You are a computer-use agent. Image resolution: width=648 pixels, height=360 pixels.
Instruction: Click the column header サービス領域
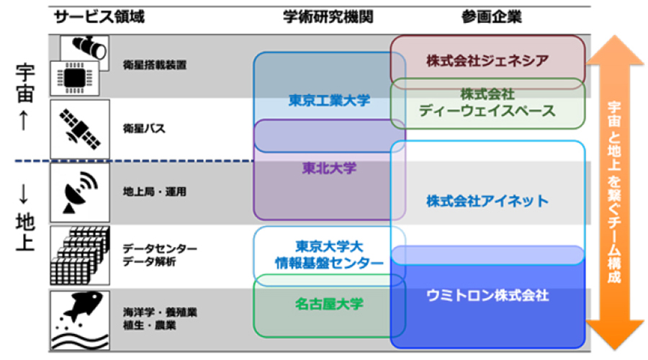tap(99, 17)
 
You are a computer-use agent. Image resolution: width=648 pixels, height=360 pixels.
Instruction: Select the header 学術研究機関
tap(328, 17)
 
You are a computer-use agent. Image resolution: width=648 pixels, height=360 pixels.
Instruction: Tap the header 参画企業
tap(491, 17)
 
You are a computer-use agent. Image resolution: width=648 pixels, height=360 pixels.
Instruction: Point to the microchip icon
tap(74, 78)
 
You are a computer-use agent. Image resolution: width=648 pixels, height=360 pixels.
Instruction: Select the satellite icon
tap(80, 129)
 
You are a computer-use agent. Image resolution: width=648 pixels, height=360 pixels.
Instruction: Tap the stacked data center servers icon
tap(80, 256)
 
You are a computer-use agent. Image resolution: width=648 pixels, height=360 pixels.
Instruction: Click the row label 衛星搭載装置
tap(155, 65)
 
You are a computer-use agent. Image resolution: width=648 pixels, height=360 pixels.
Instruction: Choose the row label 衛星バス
tap(144, 129)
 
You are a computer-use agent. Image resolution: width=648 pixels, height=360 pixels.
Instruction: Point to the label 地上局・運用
tap(155, 192)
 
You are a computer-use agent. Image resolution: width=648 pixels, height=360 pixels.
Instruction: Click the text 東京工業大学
tap(329, 100)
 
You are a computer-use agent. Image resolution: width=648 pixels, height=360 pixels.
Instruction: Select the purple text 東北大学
tap(329, 168)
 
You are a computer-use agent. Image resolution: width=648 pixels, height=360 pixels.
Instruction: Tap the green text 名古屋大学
tap(329, 305)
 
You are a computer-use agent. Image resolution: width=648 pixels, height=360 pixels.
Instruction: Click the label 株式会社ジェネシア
tap(487, 60)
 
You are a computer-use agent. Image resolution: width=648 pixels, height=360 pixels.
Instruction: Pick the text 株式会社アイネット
tap(487, 202)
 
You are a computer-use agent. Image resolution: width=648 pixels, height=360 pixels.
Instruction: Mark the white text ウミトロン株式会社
tap(487, 295)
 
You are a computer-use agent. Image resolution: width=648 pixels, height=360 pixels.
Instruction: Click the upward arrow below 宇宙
tap(24, 120)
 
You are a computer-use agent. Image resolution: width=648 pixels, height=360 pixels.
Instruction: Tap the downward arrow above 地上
tap(24, 194)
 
